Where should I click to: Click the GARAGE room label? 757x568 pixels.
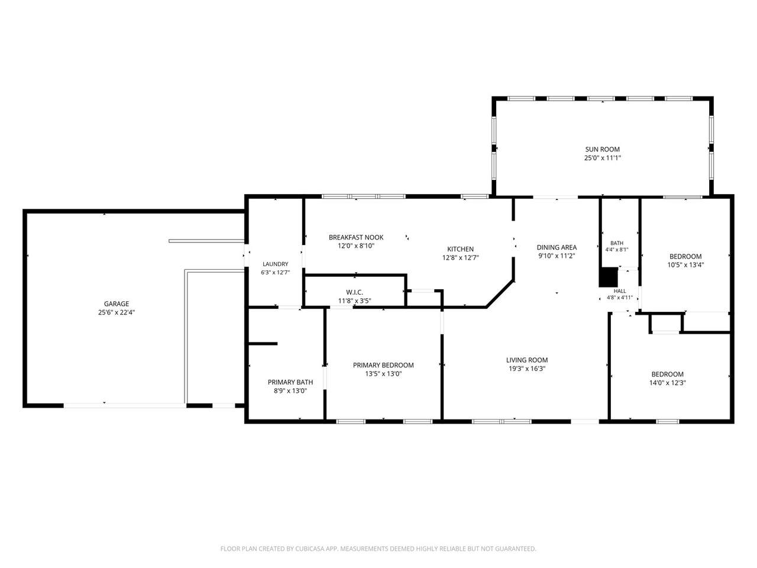117,304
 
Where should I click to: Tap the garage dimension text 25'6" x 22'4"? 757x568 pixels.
117,312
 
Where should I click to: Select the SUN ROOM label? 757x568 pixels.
602,149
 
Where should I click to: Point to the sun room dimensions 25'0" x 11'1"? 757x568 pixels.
602,158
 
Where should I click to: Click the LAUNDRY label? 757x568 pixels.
275,264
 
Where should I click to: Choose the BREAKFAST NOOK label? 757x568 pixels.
356,237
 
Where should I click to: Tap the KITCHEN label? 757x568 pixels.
460,249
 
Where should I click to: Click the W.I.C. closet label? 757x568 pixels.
354,292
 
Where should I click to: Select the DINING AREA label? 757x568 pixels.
557,247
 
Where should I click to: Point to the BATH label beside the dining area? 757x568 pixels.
617,243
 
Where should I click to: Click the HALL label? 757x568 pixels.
620,291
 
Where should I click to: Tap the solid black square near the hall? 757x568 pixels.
608,277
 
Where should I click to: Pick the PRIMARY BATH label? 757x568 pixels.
290,382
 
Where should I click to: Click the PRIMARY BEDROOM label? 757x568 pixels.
383,365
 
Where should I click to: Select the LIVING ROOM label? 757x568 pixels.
527,360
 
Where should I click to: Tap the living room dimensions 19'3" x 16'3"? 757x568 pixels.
527,369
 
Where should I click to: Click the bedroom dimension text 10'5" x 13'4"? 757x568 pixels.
685,265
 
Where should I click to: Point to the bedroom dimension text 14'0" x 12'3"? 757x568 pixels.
668,383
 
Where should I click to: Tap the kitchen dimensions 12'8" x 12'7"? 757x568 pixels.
460,257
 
